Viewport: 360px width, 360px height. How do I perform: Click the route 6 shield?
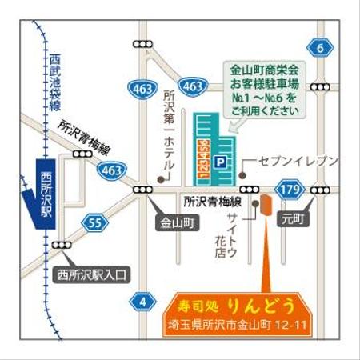tap(321, 48)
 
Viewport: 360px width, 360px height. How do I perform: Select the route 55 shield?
tap(96, 222)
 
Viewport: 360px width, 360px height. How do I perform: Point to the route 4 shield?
tap(143, 302)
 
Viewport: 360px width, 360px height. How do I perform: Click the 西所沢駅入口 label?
tap(93, 275)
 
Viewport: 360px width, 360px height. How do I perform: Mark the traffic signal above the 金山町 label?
tap(143, 190)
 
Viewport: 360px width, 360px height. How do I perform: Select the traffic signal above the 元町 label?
tap(322, 190)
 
